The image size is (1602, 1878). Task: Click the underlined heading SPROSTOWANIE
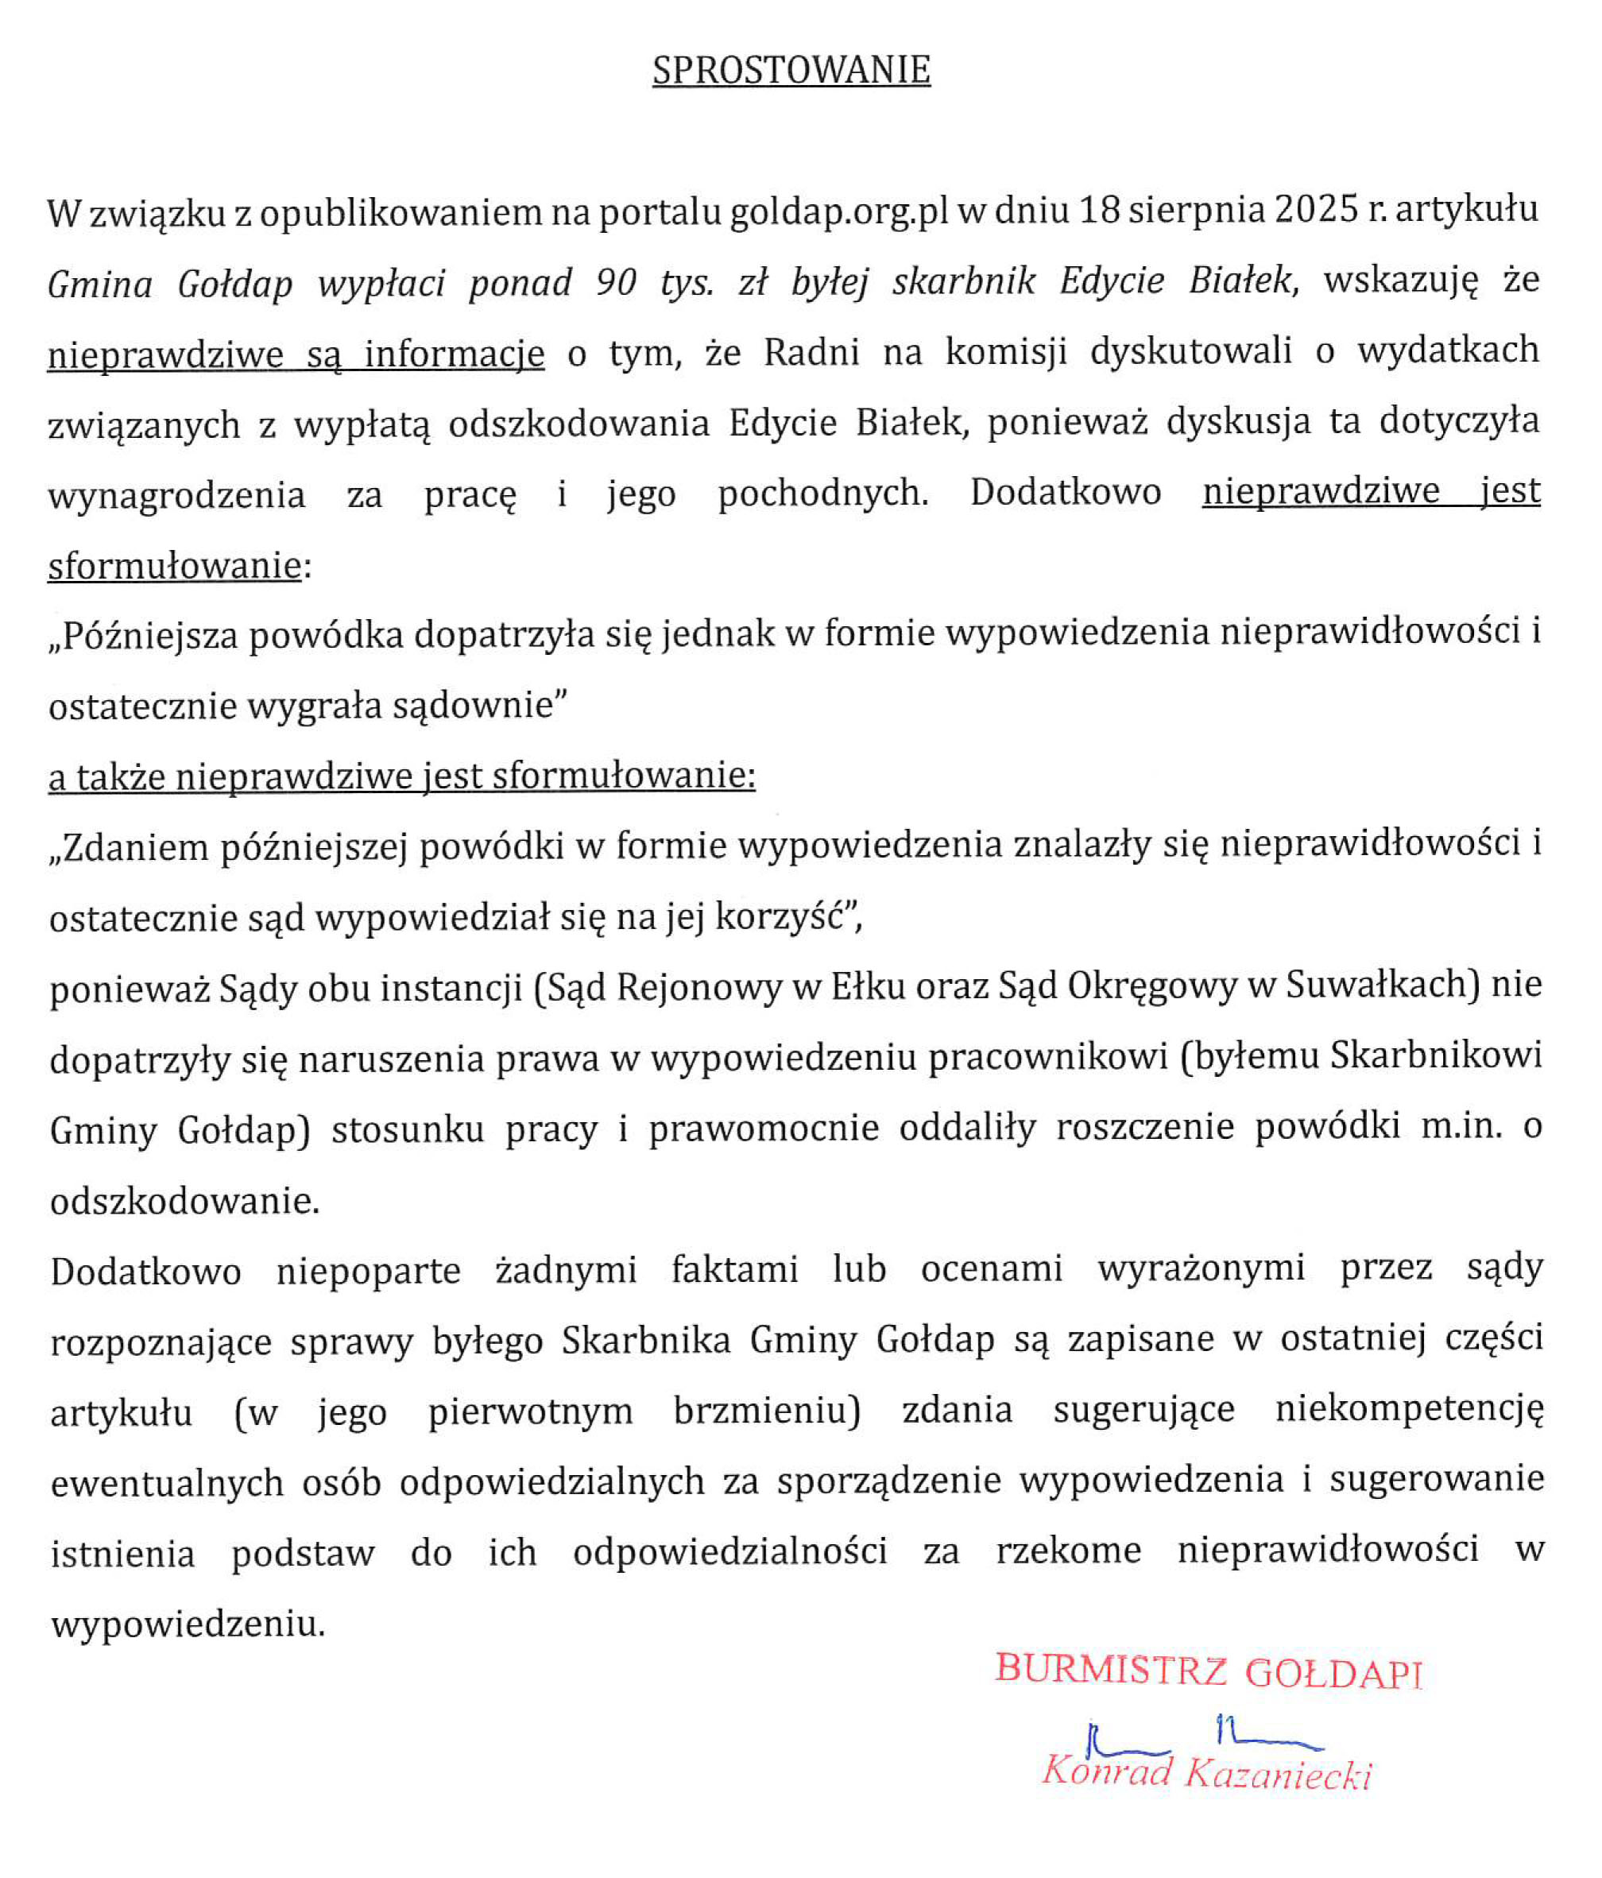791,71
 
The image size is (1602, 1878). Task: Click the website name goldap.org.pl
839,212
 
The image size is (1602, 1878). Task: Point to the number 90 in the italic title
616,283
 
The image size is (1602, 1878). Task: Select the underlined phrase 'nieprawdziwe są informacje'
296,354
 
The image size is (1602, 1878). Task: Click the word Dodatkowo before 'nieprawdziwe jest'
1066,492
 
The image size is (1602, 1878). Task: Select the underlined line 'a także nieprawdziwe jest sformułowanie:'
401,776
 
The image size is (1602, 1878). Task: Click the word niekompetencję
1408,1409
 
